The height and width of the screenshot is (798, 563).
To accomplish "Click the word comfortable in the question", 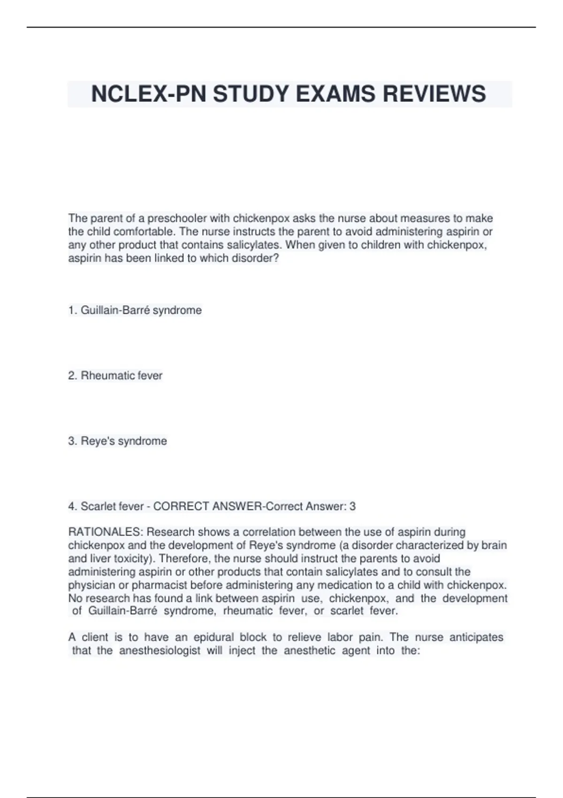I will point(144,231).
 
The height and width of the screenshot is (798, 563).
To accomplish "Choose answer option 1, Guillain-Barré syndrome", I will point(135,310).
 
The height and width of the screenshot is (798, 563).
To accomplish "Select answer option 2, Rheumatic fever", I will point(115,376).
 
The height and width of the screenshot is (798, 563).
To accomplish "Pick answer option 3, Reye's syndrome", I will point(118,441).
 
